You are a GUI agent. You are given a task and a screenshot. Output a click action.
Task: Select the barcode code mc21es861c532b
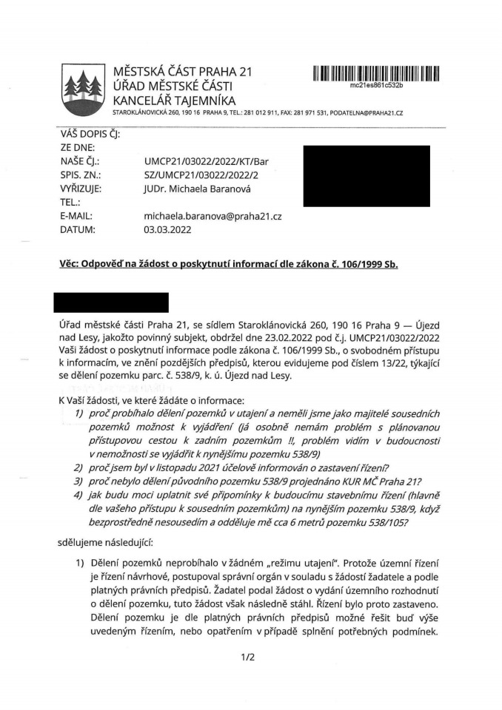click(x=376, y=86)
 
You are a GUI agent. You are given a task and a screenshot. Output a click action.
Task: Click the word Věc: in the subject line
click(x=71, y=265)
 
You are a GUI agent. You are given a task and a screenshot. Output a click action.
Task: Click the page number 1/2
click(x=247, y=655)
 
